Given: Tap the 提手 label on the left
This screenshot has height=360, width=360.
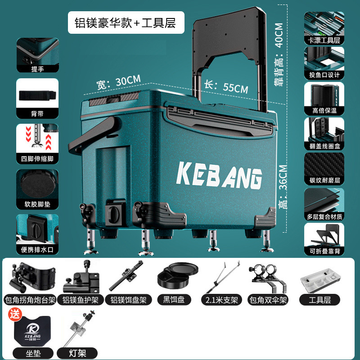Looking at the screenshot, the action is point(38,69).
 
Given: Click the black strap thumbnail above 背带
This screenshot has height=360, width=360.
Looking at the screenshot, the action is point(38,95).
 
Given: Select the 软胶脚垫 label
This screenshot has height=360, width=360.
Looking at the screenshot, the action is point(38,203).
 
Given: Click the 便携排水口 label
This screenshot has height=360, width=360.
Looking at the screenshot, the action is point(38,249).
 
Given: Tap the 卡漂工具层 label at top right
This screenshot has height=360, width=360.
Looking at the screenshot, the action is point(324,40).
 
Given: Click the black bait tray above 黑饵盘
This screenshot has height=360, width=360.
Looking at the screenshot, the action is point(178,276).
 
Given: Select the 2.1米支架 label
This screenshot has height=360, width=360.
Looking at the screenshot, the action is point(221,300).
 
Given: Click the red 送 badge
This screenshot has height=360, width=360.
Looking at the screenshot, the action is point(16,314).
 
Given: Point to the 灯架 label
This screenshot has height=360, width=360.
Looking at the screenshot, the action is point(77,353).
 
